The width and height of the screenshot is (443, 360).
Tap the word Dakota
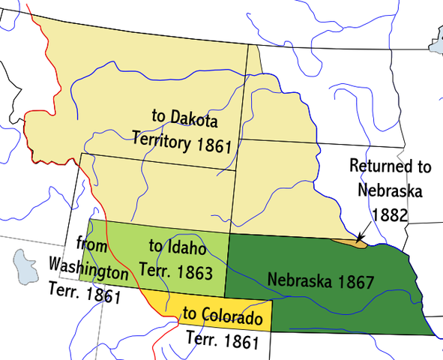191,117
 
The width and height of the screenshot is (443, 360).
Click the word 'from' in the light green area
96,245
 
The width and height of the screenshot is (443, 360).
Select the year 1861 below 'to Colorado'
238,341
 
